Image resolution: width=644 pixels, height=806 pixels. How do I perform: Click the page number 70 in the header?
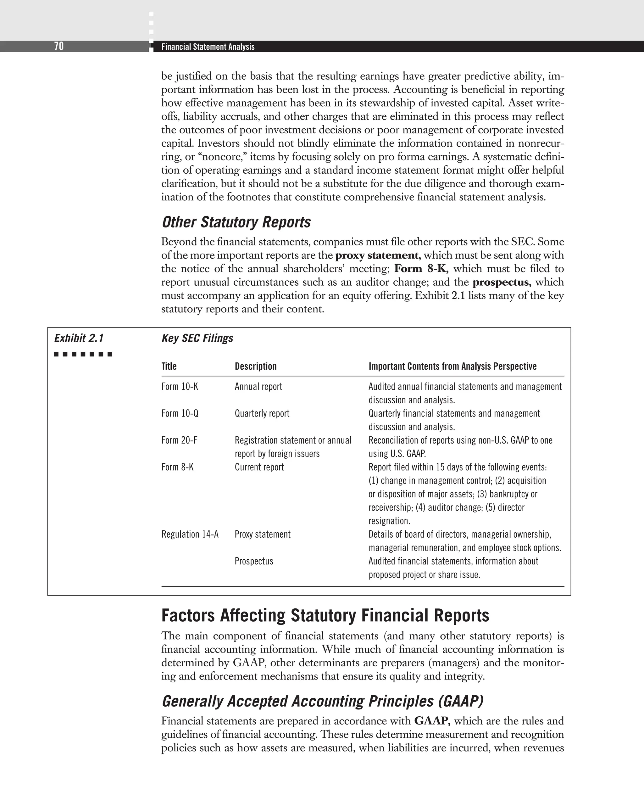click(x=59, y=46)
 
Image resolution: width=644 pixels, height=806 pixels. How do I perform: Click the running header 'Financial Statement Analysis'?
click(x=208, y=47)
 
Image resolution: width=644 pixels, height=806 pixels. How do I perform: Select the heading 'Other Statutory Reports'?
click(x=236, y=222)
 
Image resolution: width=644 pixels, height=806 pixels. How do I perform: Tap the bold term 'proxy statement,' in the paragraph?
click(x=378, y=255)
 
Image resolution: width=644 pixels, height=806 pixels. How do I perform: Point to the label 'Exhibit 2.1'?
click(x=79, y=338)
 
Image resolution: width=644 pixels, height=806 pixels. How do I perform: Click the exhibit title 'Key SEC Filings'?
click(x=197, y=338)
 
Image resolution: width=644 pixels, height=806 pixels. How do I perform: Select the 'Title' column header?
click(x=169, y=367)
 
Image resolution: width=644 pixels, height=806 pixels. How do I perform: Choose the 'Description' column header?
click(x=256, y=367)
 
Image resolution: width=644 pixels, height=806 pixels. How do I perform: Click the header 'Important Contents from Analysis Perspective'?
click(x=452, y=367)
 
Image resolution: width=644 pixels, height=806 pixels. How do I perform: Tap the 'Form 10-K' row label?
click(x=180, y=387)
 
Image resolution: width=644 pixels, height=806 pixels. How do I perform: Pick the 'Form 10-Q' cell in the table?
click(x=180, y=413)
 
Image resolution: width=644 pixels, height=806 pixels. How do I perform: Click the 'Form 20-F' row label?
click(x=179, y=440)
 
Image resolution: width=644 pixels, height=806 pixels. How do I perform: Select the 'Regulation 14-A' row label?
click(x=190, y=534)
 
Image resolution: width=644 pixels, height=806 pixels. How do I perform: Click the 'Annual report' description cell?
click(x=258, y=387)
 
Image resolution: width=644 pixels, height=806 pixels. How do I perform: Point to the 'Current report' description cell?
click(x=259, y=467)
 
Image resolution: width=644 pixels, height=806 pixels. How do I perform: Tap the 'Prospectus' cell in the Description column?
click(x=254, y=561)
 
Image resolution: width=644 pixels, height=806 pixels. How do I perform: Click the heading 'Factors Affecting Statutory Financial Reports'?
click(x=325, y=616)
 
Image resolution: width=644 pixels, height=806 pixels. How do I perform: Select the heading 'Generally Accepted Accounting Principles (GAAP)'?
click(x=322, y=701)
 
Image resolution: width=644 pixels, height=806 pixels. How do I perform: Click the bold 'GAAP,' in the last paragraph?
click(x=432, y=721)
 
